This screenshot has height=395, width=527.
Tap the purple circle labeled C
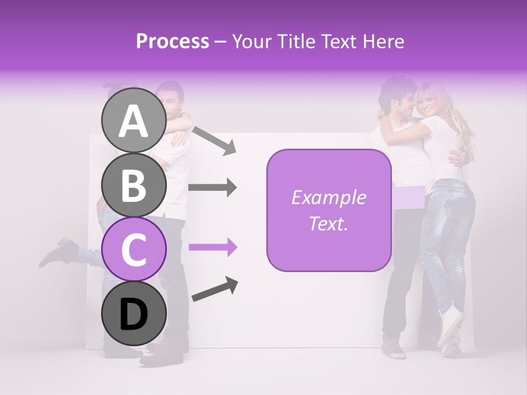pos(134,249)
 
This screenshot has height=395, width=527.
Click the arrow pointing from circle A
pos(214,139)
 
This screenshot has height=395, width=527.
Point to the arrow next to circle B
pos(212,188)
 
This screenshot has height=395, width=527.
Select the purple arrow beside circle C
pos(212,247)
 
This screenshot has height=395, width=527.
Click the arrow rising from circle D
pos(215,289)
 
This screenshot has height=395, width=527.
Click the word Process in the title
pos(172,41)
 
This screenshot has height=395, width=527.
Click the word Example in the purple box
pos(329,198)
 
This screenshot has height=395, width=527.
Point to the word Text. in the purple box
pos(329,223)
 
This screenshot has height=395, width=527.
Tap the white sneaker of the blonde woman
pos(450,326)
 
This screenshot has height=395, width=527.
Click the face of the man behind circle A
pos(173,102)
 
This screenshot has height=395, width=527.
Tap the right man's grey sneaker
pos(394,347)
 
